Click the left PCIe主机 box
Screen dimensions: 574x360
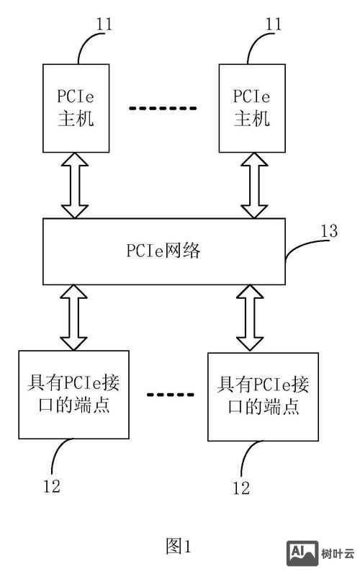tap(76, 108)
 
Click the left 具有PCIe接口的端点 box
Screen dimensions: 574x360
tap(74, 394)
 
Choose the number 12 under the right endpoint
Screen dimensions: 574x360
tap(241, 488)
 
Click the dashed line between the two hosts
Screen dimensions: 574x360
tap(163, 108)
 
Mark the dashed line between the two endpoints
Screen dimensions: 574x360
tap(171, 395)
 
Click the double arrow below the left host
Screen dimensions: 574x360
tap(75, 187)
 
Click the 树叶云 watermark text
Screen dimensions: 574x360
tap(338, 554)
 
